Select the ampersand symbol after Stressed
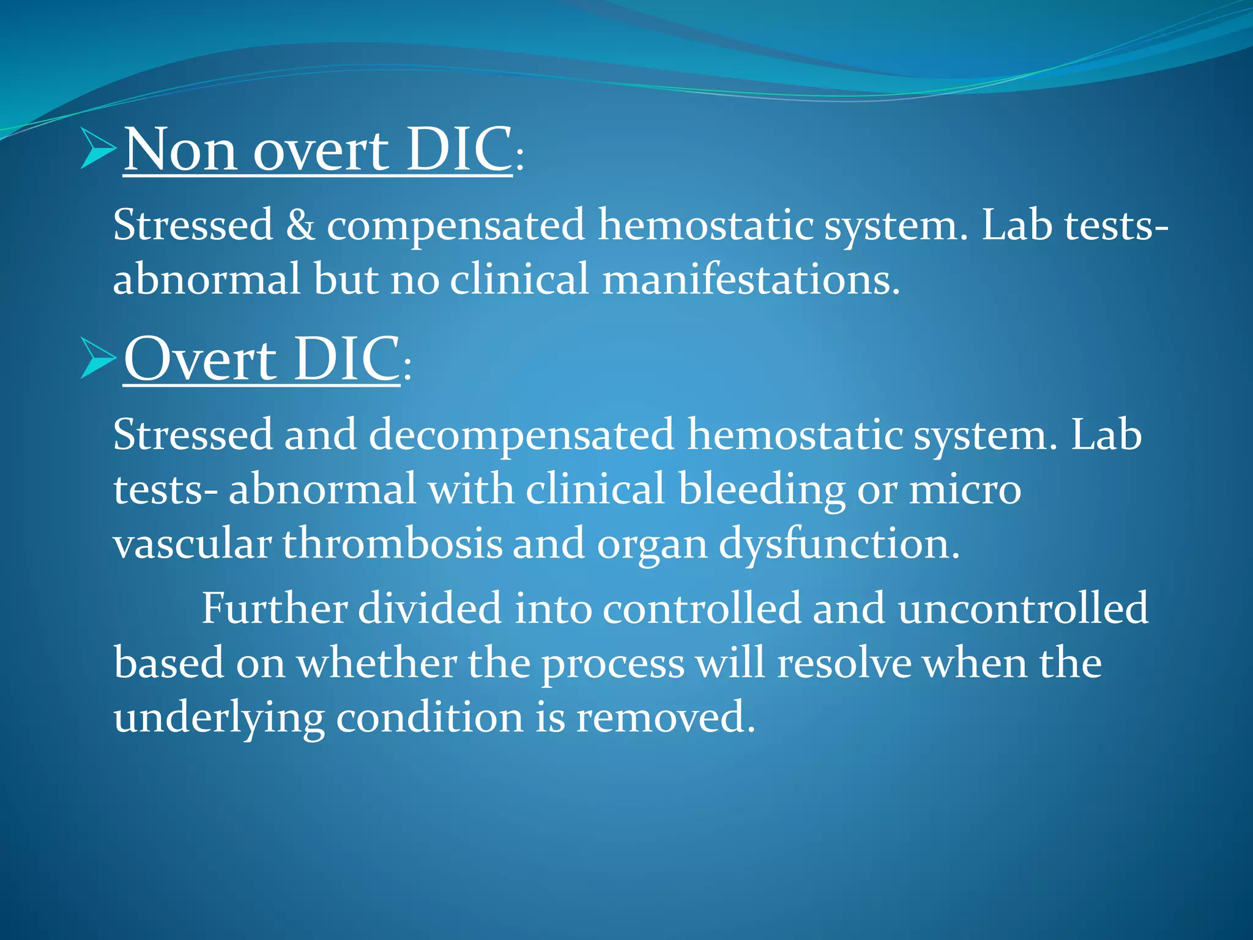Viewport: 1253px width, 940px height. (x=300, y=225)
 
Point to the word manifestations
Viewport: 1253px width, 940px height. (x=751, y=279)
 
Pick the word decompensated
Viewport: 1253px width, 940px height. (x=521, y=435)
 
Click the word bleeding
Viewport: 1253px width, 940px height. (x=761, y=490)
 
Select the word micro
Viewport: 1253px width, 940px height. (x=965, y=490)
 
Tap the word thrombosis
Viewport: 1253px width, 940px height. (x=392, y=543)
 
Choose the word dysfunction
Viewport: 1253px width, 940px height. (x=839, y=543)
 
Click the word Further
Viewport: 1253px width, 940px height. (x=275, y=608)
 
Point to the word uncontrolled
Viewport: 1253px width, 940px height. (x=1023, y=608)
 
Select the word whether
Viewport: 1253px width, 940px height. (x=377, y=663)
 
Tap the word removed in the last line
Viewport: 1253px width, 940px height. (x=665, y=717)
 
